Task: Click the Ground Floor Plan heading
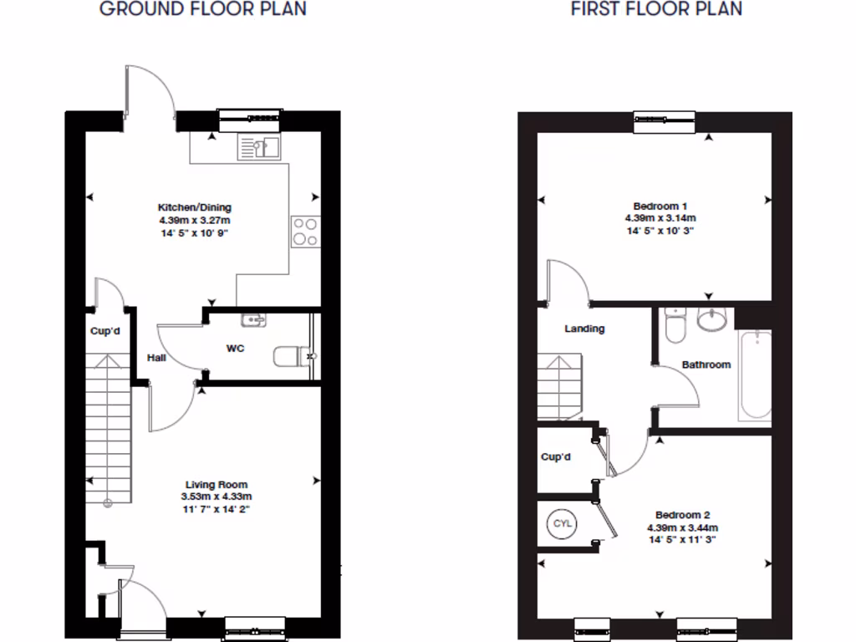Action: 202,9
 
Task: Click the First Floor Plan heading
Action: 656,9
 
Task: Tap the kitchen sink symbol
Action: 260,147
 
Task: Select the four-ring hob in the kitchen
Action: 304,232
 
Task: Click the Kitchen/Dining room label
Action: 195,207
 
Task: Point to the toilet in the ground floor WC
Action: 288,357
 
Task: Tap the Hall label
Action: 156,358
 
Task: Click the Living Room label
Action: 216,484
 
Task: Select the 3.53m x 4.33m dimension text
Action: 216,496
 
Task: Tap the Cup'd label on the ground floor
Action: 105,331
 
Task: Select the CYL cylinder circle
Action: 561,524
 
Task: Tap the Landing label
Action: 584,329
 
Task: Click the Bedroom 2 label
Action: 682,515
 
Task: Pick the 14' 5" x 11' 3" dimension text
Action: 682,540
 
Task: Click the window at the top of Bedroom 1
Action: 664,122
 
